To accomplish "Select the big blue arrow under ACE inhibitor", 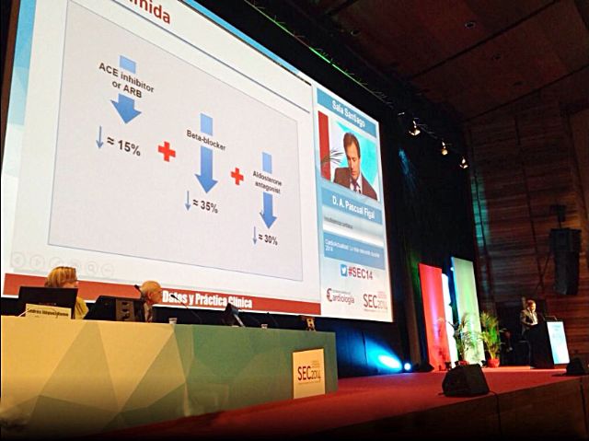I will click(126, 107).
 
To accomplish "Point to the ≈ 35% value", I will click(204, 206).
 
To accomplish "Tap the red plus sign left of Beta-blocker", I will click(167, 151).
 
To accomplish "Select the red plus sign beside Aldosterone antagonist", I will click(237, 175).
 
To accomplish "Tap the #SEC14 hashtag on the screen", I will click(359, 272).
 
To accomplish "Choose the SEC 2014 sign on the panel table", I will click(308, 374).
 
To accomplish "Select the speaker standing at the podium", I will click(528, 318).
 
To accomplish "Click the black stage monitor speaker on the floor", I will click(465, 379).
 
